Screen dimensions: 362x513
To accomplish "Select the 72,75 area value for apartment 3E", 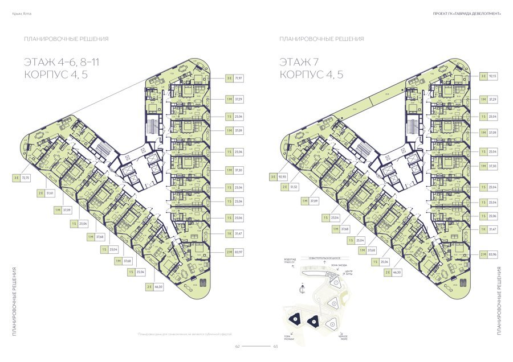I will point(26,178).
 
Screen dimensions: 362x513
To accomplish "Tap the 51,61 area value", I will point(50,194).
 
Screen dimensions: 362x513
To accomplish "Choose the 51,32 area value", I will point(295,187).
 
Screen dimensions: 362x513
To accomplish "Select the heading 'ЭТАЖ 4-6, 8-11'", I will point(66,61).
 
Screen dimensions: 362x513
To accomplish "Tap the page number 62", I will point(238,346).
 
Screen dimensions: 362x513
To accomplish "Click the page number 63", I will point(275,346).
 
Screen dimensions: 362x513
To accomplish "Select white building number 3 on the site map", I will point(331,325).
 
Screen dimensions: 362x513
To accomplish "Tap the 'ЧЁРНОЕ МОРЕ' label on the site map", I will point(343,337).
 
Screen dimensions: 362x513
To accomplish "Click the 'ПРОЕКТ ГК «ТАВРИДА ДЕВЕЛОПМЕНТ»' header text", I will point(467,14).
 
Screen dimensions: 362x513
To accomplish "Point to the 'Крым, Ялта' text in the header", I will point(21,14).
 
